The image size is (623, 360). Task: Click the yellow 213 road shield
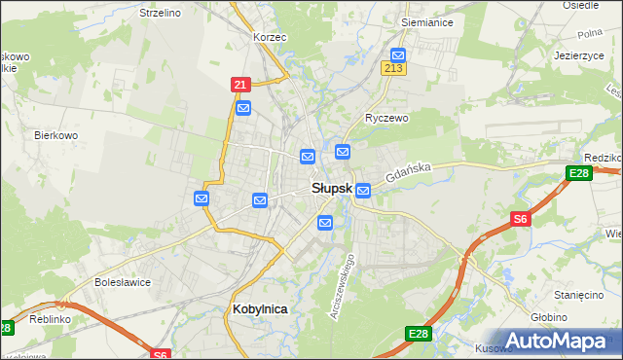[x=394, y=69]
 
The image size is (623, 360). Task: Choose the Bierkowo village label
[x=55, y=135]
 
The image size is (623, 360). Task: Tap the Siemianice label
[x=427, y=20]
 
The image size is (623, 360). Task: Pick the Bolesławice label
[x=122, y=282]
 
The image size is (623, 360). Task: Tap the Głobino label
[x=575, y=316]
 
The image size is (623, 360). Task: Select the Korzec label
[x=268, y=36]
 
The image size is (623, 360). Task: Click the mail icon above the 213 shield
[x=397, y=55]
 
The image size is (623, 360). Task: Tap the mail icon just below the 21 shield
[x=243, y=107]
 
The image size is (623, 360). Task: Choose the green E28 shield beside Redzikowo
[x=579, y=173]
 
